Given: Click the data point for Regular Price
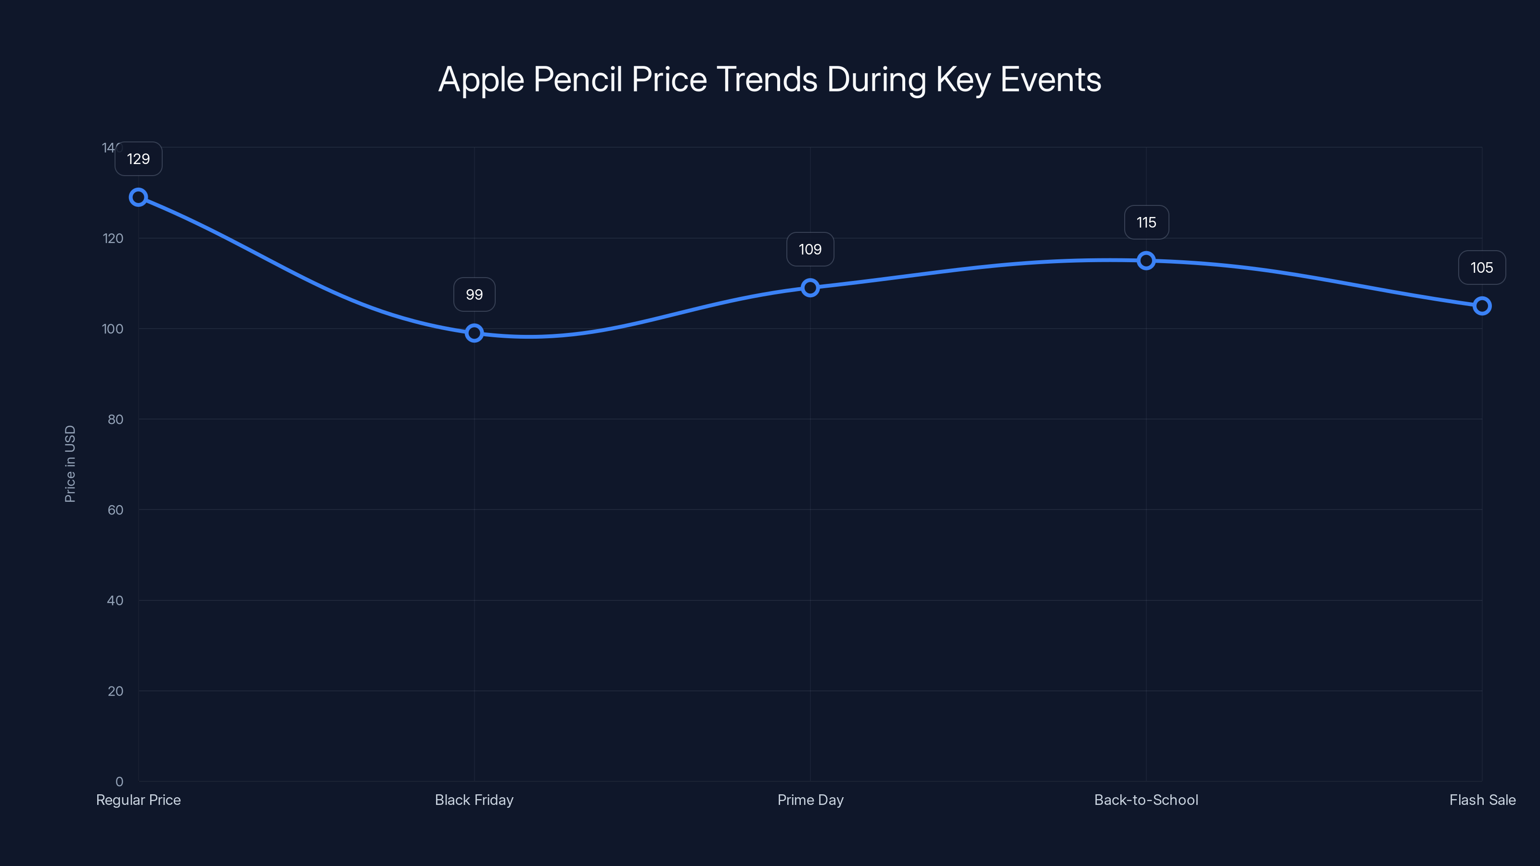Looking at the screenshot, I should pyautogui.click(x=138, y=197).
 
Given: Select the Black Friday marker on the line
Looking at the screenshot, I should pyautogui.click(x=474, y=333).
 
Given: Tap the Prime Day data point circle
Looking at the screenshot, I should pyautogui.click(x=810, y=288).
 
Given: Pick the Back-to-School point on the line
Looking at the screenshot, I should pyautogui.click(x=1146, y=261).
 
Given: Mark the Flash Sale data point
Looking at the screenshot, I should pyautogui.click(x=1482, y=306).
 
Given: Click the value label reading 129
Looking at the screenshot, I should pyautogui.click(x=138, y=159).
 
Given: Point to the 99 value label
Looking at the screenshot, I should pyautogui.click(x=474, y=294).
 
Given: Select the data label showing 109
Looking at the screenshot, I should pyautogui.click(x=810, y=249).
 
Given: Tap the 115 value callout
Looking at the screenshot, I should pyautogui.click(x=1146, y=222).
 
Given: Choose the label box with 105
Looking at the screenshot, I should pyautogui.click(x=1482, y=268).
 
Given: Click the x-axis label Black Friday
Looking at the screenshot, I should pyautogui.click(x=474, y=800).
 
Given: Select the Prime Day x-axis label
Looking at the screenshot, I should pyautogui.click(x=810, y=800).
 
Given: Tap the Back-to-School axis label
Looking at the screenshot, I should pyautogui.click(x=1146, y=800).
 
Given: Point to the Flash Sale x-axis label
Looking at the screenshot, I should pyautogui.click(x=1482, y=800).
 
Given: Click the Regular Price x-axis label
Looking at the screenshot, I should pyautogui.click(x=138, y=800).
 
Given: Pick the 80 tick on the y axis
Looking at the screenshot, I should pyautogui.click(x=115, y=420).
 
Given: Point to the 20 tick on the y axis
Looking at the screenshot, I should pyautogui.click(x=115, y=691).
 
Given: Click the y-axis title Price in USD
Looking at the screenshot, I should pyautogui.click(x=70, y=464).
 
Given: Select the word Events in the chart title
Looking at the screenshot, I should pyautogui.click(x=1051, y=79).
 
